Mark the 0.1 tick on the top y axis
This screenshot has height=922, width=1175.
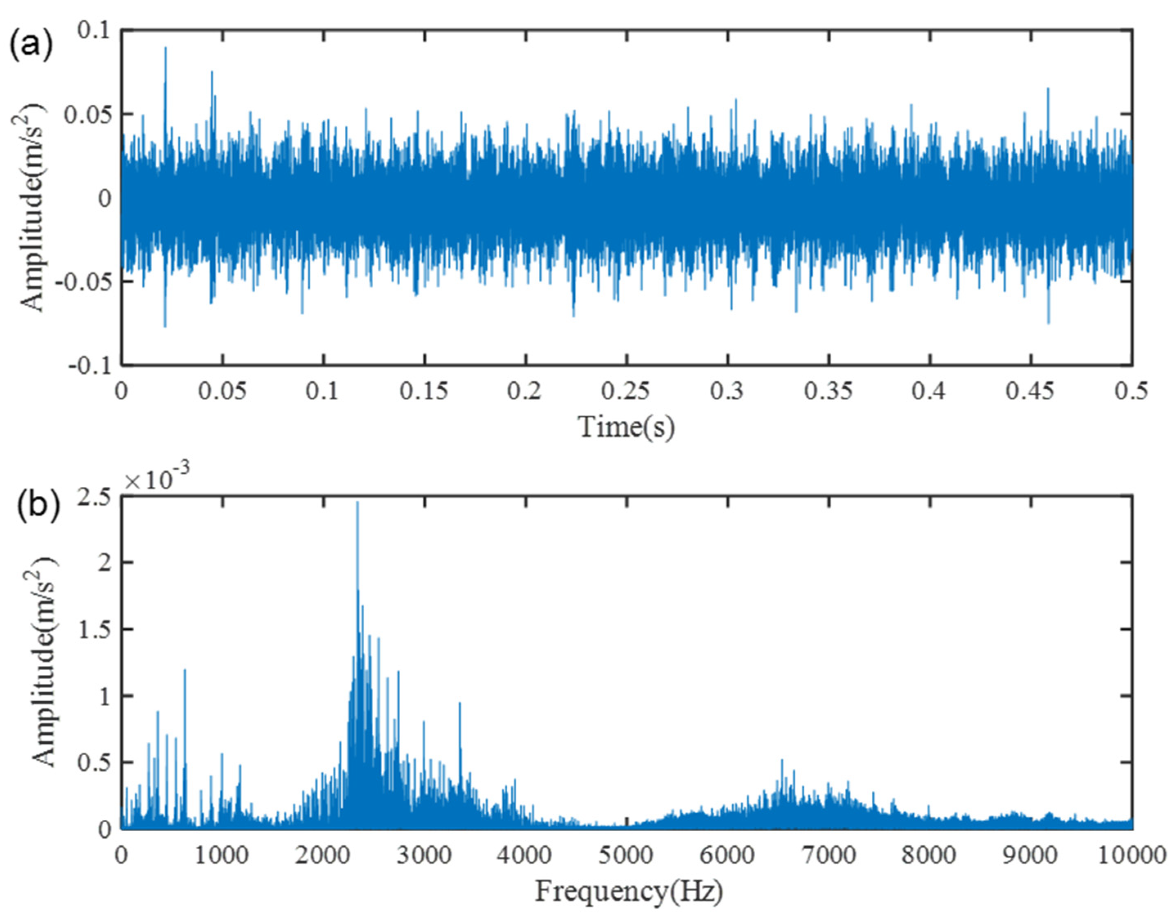[x=93, y=30]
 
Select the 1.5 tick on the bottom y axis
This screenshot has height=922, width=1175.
[x=95, y=629]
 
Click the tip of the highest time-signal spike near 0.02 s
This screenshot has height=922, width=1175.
[x=165, y=47]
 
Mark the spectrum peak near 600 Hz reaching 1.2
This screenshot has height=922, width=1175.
[x=185, y=670]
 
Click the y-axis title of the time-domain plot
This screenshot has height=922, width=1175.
[x=34, y=208]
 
